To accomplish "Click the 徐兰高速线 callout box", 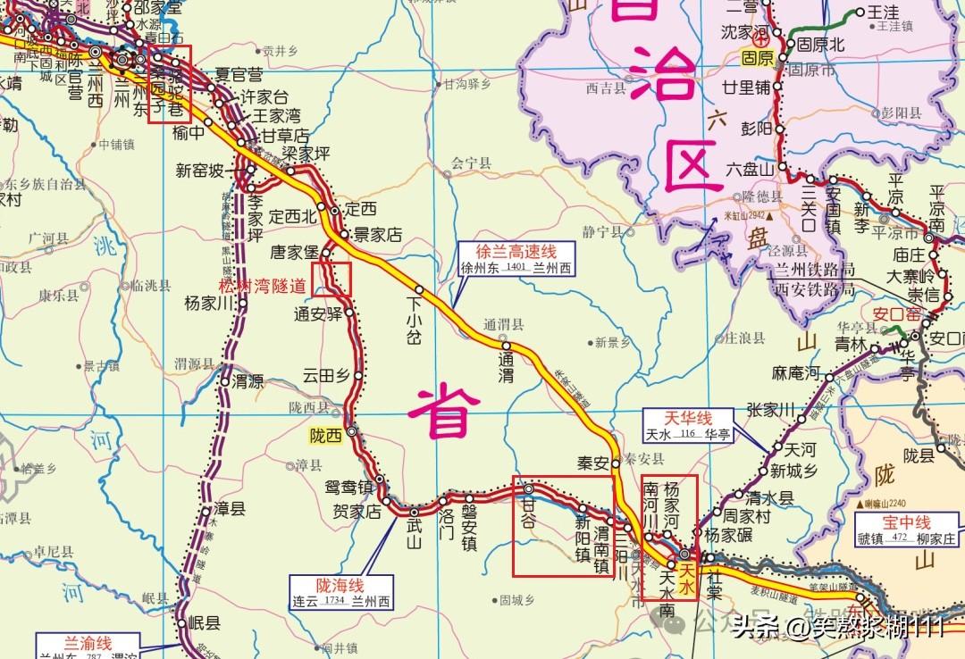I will pyautogui.click(x=516, y=258).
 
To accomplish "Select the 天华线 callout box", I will pyautogui.click(x=688, y=425).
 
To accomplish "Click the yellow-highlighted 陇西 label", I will pyautogui.click(x=325, y=436).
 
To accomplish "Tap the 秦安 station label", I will pyautogui.click(x=592, y=463).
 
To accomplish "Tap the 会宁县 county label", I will pyautogui.click(x=472, y=163).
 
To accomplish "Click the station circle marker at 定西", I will pyautogui.click(x=334, y=212).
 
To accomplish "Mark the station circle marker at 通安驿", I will pyautogui.click(x=350, y=313).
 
